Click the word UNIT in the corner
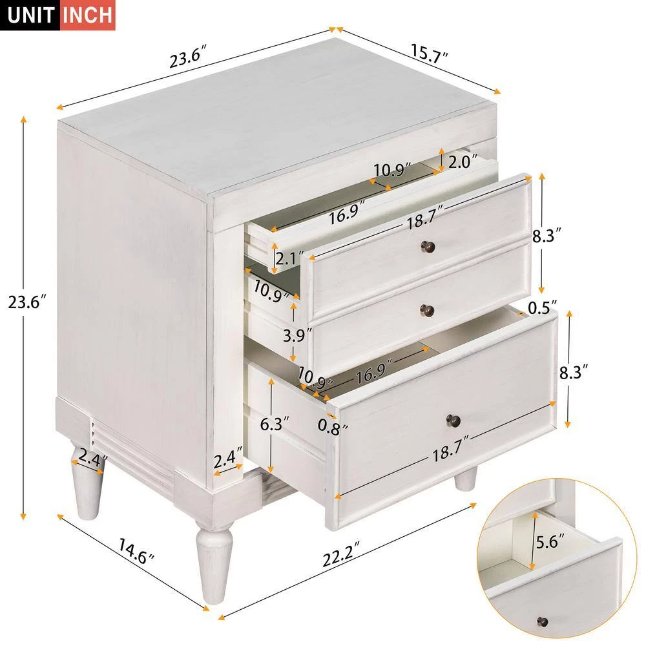tap(31, 16)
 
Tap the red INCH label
tap(87, 16)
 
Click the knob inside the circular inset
tap(543, 622)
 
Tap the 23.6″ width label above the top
tap(188, 59)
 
